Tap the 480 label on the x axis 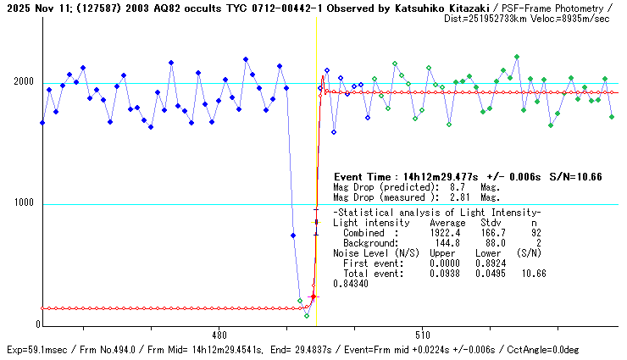pyautogui.click(x=219, y=335)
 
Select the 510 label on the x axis pyautogui.click(x=423, y=335)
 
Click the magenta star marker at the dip pyautogui.click(x=313, y=296)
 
